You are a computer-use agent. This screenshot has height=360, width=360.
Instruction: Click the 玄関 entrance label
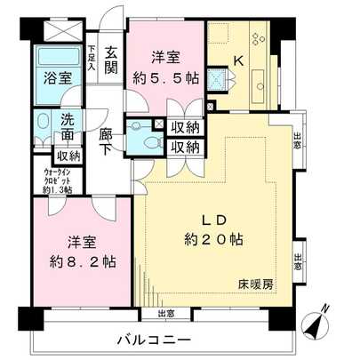click(x=111, y=60)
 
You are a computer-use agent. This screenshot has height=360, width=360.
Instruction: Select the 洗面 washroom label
click(x=68, y=127)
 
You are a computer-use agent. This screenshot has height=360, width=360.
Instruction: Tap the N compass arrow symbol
click(x=319, y=323)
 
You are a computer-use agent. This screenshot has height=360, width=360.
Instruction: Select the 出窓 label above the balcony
click(x=164, y=313)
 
